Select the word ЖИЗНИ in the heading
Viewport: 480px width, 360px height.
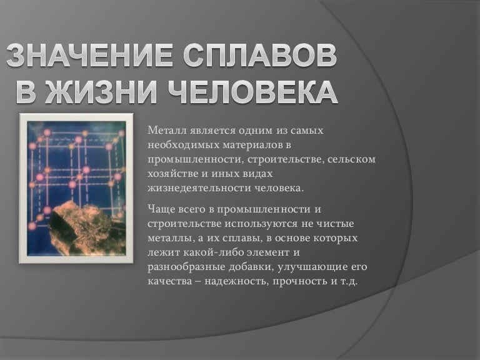110,92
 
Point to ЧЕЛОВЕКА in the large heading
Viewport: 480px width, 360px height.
252,92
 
